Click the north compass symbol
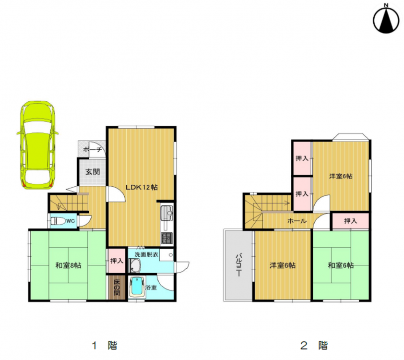[x=386, y=19]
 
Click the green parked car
[x=38, y=145]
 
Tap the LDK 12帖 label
[x=142, y=187]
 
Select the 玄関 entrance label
[x=93, y=172]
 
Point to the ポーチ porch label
[x=93, y=149]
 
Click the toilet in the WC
[x=58, y=221]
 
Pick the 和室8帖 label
[x=68, y=265]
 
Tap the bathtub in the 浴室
[x=137, y=288]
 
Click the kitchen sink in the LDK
[x=167, y=214]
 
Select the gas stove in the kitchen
[x=167, y=238]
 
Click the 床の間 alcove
[x=117, y=288]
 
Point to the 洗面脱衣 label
[x=147, y=254]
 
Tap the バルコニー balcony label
[x=238, y=265]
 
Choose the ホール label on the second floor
[x=297, y=221]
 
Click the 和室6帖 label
[x=341, y=265]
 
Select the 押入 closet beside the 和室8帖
[x=117, y=261]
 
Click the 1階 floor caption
[x=105, y=346]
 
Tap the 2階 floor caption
[x=314, y=346]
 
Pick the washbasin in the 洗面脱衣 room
[x=135, y=265]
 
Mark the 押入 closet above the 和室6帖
[x=350, y=221]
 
